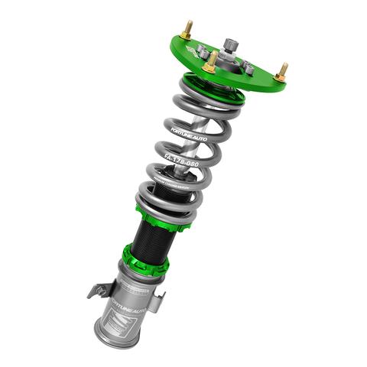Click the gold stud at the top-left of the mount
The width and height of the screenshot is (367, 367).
coord(186,31)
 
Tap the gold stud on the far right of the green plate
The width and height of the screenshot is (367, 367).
coord(281,72)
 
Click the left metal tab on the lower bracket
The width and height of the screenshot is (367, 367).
coord(97,291)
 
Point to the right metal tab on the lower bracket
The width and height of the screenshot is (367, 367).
coord(156,300)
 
